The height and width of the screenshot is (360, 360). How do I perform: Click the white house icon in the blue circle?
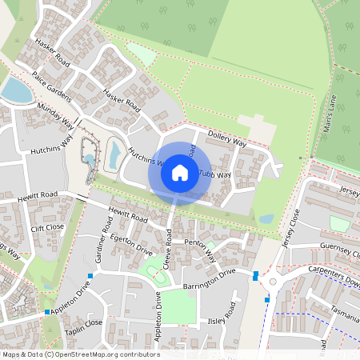click(180, 172)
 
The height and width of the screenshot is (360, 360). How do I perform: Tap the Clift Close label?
click(47, 228)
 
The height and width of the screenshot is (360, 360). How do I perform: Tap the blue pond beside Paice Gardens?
click(15, 91)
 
